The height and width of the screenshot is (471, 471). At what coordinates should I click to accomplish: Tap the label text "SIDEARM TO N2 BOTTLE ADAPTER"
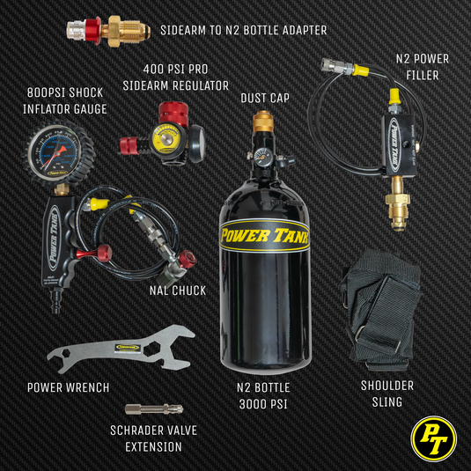tap(243, 30)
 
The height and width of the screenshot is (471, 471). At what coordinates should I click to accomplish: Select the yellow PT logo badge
tap(434, 436)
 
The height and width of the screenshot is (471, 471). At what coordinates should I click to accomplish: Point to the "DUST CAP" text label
tap(265, 99)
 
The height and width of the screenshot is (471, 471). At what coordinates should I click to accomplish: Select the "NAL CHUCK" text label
tap(176, 290)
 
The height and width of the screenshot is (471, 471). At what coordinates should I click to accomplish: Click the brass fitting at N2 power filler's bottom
tap(398, 206)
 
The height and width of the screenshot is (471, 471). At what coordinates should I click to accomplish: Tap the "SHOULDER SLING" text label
tap(387, 394)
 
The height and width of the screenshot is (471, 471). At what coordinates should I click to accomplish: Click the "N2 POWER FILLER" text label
tap(422, 67)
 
